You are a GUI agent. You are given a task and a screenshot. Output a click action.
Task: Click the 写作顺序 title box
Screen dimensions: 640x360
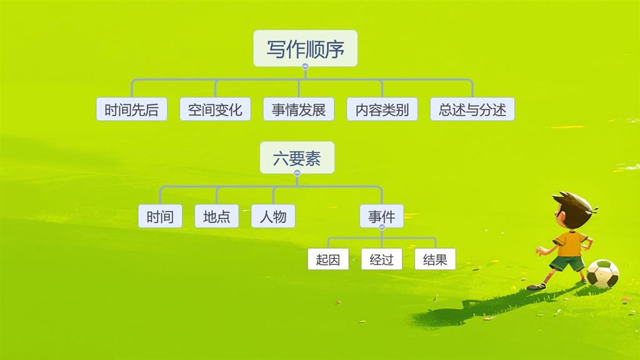pyautogui.click(x=305, y=48)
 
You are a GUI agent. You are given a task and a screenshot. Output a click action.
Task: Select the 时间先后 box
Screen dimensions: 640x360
pyautogui.click(x=132, y=109)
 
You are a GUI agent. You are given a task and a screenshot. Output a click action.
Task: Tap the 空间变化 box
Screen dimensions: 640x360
pyautogui.click(x=215, y=109)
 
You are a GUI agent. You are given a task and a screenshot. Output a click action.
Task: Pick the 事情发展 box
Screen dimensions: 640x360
pyautogui.click(x=299, y=109)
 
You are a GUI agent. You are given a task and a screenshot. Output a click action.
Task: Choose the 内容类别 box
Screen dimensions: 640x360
pyautogui.click(x=382, y=109)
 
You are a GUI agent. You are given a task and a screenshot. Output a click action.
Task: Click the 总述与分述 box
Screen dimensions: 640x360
pyautogui.click(x=472, y=109)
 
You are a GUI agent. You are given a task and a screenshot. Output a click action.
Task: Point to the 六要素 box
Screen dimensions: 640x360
pyautogui.click(x=297, y=157)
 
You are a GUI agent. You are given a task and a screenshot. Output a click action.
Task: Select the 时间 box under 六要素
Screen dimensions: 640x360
pyautogui.click(x=160, y=216)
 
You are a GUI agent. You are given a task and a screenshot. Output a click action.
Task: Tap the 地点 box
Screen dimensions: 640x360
pyautogui.click(x=217, y=216)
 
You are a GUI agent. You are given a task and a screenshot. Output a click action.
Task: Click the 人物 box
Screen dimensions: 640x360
pyautogui.click(x=273, y=216)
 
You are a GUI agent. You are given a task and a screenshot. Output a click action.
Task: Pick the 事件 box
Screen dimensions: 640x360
pyautogui.click(x=382, y=216)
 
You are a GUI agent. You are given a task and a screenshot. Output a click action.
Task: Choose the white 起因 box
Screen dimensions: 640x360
pyautogui.click(x=328, y=259)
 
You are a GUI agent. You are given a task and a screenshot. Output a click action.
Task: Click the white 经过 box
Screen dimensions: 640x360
pyautogui.click(x=382, y=259)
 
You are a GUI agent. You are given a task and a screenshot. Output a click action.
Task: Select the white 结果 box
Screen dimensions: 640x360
pyautogui.click(x=435, y=259)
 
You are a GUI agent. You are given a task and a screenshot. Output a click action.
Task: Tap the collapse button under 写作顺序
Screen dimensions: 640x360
pyautogui.click(x=305, y=66)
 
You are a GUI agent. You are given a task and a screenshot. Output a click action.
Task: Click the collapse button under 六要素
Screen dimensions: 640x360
pyautogui.click(x=297, y=172)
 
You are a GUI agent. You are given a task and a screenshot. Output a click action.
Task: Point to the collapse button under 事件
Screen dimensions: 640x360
pyautogui.click(x=382, y=227)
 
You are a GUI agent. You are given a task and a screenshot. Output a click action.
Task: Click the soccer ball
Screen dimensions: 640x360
pyautogui.click(x=602, y=274)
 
